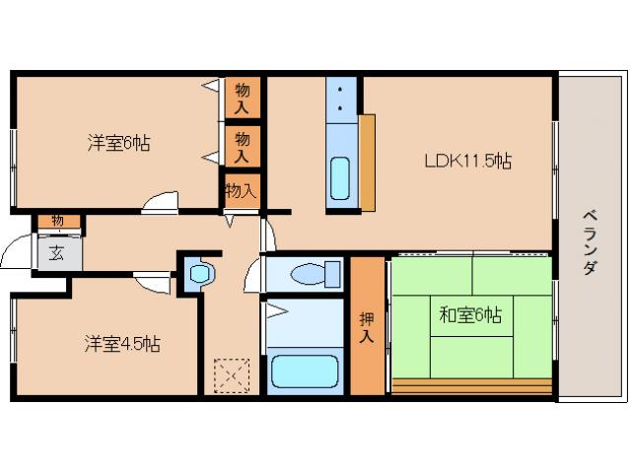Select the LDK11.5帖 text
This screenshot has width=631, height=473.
click(x=467, y=160)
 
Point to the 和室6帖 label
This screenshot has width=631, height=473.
click(x=470, y=315)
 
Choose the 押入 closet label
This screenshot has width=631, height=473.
click(x=367, y=325)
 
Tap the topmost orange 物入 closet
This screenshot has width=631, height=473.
click(x=242, y=97)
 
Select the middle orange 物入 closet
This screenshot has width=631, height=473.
click(x=242, y=145)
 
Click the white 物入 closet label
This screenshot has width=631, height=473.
click(x=241, y=190)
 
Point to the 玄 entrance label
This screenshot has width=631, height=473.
click(x=56, y=253)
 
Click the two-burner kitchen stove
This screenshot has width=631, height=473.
click(x=342, y=98)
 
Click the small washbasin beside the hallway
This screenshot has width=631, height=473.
click(x=198, y=272)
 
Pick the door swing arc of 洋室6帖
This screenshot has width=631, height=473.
click(x=159, y=205)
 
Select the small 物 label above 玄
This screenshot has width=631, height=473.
click(x=57, y=219)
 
